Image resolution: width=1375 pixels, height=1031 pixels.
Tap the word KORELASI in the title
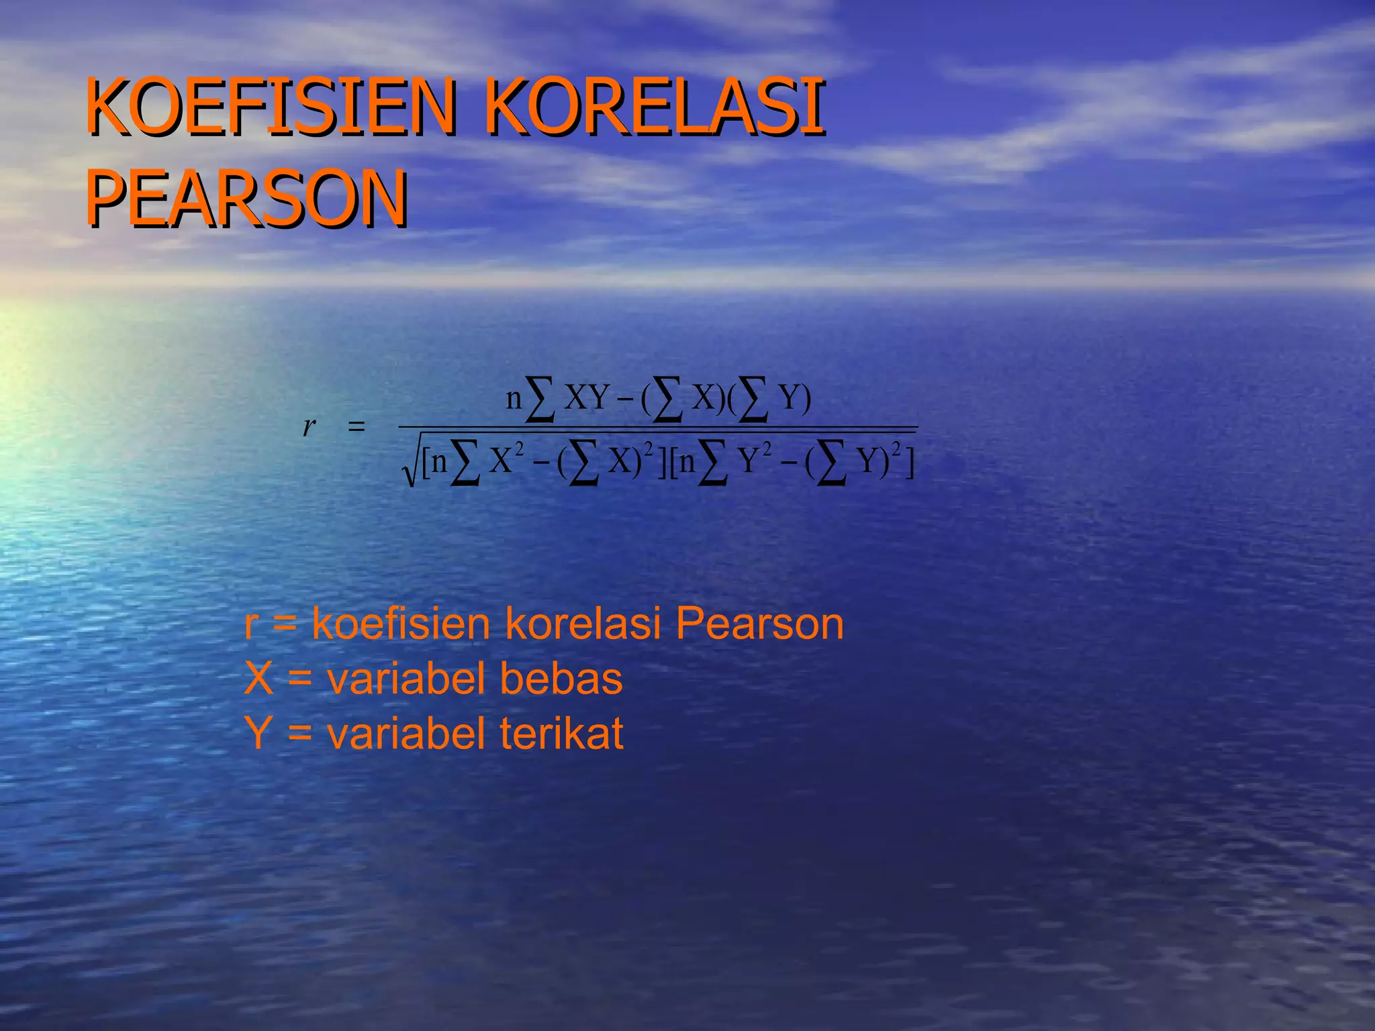[654, 107]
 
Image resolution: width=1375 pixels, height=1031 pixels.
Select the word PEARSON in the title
[246, 199]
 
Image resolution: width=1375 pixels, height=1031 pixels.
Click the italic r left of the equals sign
[309, 426]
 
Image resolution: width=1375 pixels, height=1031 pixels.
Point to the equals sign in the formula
[357, 426]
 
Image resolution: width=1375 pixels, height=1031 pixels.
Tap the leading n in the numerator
[514, 399]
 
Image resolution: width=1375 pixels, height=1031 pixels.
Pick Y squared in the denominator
[755, 460]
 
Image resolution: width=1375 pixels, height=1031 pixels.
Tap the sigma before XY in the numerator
[540, 399]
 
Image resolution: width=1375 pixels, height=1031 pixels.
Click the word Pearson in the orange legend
[759, 624]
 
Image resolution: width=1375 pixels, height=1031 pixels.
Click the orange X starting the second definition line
[259, 679]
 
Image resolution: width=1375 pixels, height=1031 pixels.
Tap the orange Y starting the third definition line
[259, 733]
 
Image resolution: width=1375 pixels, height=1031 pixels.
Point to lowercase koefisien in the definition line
[401, 624]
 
